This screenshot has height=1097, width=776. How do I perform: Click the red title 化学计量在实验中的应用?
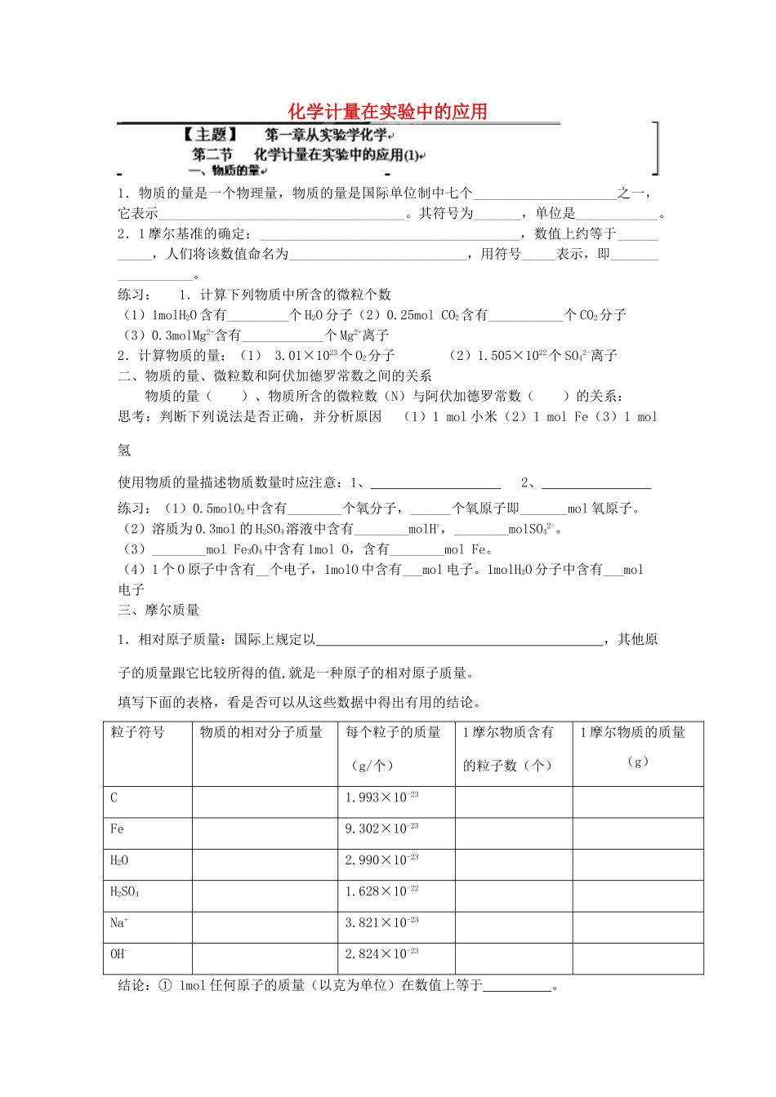pos(387,112)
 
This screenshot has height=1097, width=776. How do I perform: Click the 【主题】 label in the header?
pos(210,135)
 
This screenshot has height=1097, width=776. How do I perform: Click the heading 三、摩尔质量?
pos(158,610)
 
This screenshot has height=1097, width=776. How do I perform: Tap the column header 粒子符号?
pos(137,732)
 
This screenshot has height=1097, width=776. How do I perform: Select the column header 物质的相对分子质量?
pos(261,732)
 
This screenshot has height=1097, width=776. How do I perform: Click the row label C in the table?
pos(114,797)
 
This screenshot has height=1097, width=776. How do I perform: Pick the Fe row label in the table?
pos(117,828)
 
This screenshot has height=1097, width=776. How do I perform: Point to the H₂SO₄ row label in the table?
pos(124,891)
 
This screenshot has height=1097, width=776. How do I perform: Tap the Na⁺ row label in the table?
pos(119,922)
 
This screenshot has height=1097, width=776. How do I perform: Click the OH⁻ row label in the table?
pos(119,953)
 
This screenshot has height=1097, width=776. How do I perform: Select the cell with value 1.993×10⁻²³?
pos(381,797)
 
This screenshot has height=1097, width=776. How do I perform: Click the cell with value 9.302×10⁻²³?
pos(381,828)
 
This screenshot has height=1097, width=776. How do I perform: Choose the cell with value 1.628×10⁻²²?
pos(381,891)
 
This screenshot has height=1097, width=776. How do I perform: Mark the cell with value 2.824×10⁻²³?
pos(381,953)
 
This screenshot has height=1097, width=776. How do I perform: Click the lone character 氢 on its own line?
pos(124,450)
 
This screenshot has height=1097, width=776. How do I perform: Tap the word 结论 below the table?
pos(134,985)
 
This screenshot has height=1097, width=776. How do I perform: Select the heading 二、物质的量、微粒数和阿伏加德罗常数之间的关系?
pos(275,375)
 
